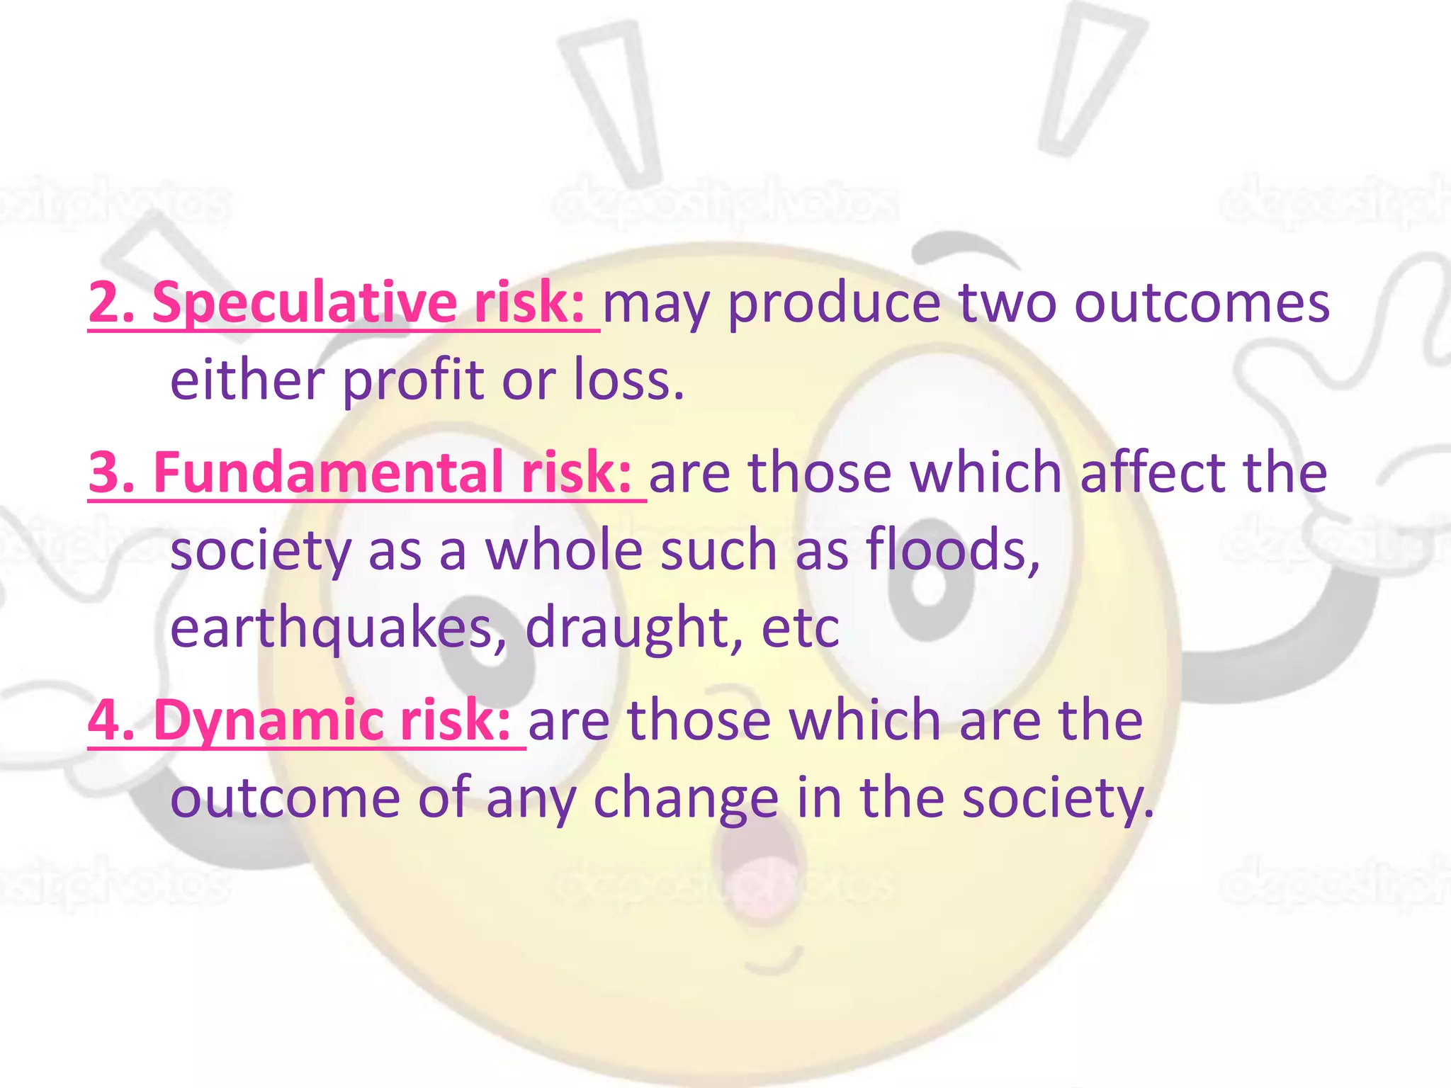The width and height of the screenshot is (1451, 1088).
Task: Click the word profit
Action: coord(413,381)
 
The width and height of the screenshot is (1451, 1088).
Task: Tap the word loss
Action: coord(628,381)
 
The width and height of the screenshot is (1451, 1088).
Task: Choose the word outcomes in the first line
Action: coord(1202,303)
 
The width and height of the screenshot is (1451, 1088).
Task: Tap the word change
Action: coord(685,798)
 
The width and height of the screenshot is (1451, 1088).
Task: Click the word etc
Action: coord(800,628)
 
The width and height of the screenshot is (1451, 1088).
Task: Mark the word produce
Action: coord(834,303)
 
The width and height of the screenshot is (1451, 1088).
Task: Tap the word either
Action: coord(247,381)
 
